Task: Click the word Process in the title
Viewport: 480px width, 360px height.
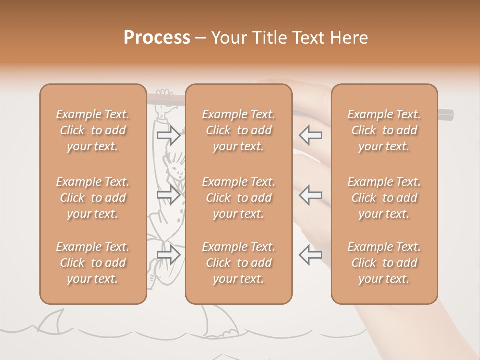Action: click(x=157, y=38)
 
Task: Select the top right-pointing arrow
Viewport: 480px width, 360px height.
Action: click(x=168, y=134)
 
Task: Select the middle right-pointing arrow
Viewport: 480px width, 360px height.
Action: click(x=168, y=195)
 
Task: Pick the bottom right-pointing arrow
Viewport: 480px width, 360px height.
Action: click(x=168, y=255)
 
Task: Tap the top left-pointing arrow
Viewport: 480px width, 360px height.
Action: click(x=310, y=134)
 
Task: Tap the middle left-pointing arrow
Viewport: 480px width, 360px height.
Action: click(x=310, y=195)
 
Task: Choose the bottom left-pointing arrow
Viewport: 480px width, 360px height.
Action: click(x=310, y=255)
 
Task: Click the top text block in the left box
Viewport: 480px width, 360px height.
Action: click(x=93, y=130)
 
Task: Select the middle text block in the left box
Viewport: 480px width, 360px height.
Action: click(x=93, y=198)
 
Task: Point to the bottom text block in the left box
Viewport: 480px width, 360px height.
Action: click(x=93, y=263)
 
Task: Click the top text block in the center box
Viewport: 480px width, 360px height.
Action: click(x=239, y=130)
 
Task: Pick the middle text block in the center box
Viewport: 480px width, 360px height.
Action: click(x=239, y=198)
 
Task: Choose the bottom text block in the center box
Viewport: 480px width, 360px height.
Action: click(x=239, y=263)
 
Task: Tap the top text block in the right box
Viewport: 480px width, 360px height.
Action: click(x=384, y=130)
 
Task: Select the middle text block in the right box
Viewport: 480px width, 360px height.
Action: click(x=384, y=198)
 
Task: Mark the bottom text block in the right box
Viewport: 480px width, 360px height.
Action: click(x=384, y=263)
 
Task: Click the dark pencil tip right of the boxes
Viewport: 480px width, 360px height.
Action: click(x=446, y=115)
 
